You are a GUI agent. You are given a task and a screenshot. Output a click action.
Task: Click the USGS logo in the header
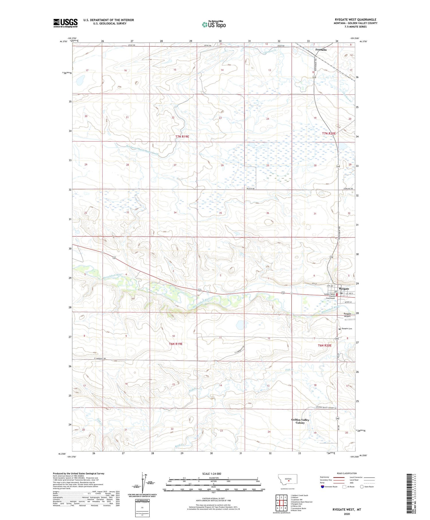coord(65,23)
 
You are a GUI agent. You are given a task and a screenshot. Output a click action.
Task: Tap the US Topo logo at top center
coord(214,25)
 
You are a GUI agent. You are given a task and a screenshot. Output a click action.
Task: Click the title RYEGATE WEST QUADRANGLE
coord(355,20)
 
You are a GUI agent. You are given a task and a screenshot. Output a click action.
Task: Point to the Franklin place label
coord(321,50)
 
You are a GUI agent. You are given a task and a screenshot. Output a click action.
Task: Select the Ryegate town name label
coord(344,289)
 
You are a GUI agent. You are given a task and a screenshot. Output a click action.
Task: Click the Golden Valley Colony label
coord(300,421)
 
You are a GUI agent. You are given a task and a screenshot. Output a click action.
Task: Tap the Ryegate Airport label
coord(347,315)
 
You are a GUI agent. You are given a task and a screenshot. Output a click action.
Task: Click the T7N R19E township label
coord(182,137)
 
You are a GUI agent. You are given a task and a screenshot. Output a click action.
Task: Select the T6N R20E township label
coord(325,345)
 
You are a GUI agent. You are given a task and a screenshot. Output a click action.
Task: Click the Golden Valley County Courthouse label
coord(330,296)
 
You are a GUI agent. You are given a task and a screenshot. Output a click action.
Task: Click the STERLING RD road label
coord(348,189)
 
